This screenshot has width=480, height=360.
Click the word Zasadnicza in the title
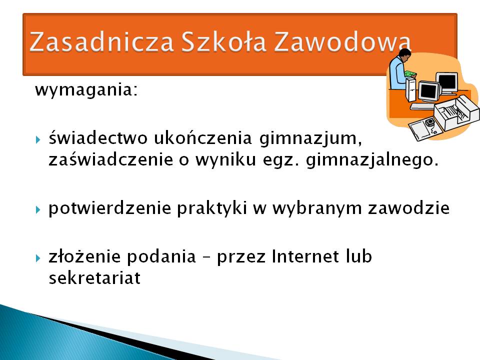pos(101,41)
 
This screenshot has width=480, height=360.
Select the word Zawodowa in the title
pos(342,41)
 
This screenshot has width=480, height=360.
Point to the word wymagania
pos(86,90)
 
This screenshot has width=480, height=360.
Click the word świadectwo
pos(98,138)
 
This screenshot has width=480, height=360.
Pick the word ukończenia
pos(202,138)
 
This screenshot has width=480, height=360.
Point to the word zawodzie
pos(408,207)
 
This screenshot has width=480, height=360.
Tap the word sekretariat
pos(94,277)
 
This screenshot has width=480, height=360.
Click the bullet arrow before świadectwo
pos(38,140)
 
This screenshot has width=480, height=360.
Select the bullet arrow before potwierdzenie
pos(38,209)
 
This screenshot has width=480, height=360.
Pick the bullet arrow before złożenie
pos(38,258)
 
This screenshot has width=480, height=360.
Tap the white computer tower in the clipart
pos(411,89)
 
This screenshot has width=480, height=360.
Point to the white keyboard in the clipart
pos(422,106)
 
